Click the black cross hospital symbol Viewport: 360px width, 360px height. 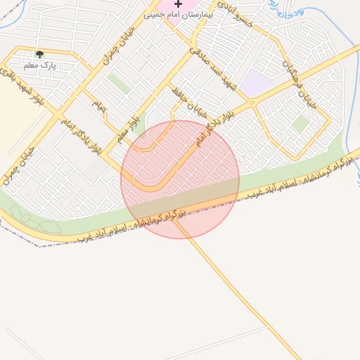pyautogui.click(x=178, y=4)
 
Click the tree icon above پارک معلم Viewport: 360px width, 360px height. pyautogui.click(x=39, y=54)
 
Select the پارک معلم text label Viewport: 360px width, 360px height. pyautogui.click(x=39, y=65)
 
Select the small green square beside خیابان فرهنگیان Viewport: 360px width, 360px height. pyautogui.click(x=301, y=124)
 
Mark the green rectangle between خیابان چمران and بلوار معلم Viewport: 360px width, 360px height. pyautogui.click(x=118, y=84)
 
